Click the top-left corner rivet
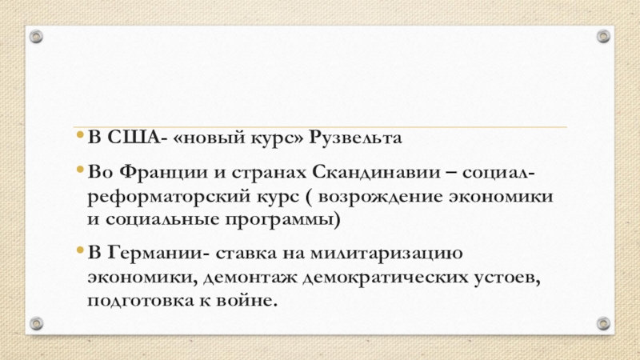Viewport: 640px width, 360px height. pyautogui.click(x=37, y=37)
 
